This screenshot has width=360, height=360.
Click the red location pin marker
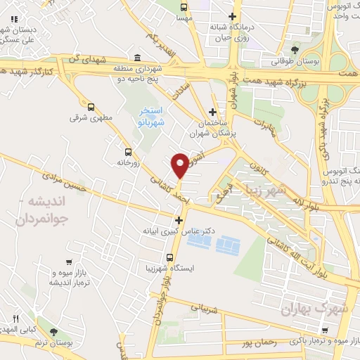click(x=180, y=165)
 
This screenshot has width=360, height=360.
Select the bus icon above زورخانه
click(x=128, y=151)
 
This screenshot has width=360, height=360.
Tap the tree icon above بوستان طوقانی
click(x=294, y=49)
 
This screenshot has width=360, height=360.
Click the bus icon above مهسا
click(x=184, y=8)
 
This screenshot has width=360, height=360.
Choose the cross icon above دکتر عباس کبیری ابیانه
click(x=179, y=220)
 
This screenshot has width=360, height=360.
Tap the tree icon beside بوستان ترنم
click(x=54, y=331)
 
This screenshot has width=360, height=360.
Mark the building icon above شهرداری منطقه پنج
click(x=136, y=58)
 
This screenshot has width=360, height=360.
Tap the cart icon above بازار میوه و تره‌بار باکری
click(x=324, y=328)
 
